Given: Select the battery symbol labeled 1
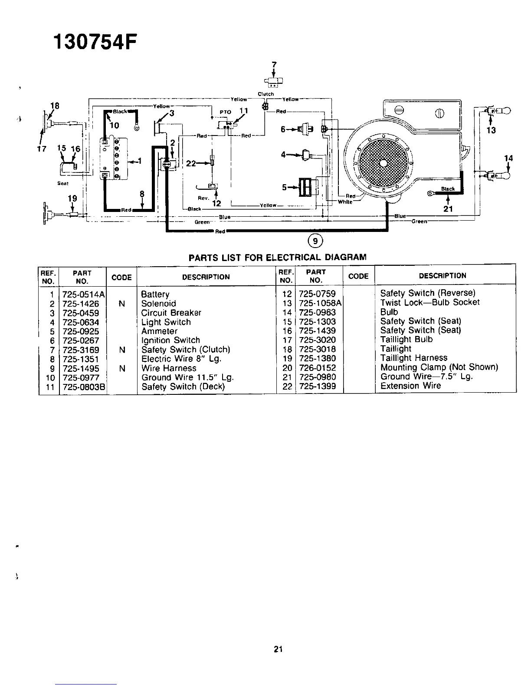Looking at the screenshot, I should (x=111, y=158).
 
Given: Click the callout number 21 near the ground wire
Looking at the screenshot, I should (x=448, y=209).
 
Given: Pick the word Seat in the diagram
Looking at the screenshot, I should (x=63, y=183).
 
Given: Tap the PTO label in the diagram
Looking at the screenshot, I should (x=225, y=112).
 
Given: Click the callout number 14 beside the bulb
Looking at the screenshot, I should (x=508, y=159).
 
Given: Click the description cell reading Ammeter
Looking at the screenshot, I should (x=159, y=331).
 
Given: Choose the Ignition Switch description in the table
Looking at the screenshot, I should (x=170, y=340).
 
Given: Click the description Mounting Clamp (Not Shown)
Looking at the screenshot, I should (x=439, y=367).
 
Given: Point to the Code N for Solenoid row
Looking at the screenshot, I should (x=121, y=304).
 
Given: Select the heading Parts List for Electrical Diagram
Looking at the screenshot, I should (x=277, y=257).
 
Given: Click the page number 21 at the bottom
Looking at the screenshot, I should (x=278, y=649).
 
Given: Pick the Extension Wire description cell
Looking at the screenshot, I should (x=410, y=386).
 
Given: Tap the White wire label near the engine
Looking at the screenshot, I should (x=344, y=202).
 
